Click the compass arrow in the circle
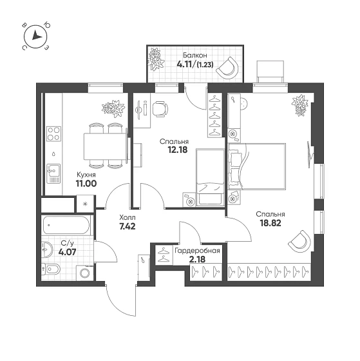pyautogui.click(x=36, y=35)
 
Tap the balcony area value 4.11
pyautogui.click(x=185, y=64)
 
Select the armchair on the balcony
pyautogui.click(x=228, y=68)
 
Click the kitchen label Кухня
pyautogui.click(x=86, y=175)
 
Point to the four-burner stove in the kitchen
pyautogui.click(x=54, y=134)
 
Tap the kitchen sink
pyautogui.click(x=53, y=173)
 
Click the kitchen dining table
pyautogui.click(x=106, y=146)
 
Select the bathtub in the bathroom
pyautogui.click(x=66, y=225)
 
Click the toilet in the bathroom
pyautogui.click(x=51, y=269)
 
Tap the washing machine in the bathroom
pyautogui.click(x=85, y=273)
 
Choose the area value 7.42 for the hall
pyautogui.click(x=127, y=226)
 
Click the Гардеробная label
pyautogui.click(x=197, y=251)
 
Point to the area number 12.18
pyautogui.click(x=178, y=150)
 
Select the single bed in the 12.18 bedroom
pyautogui.click(x=210, y=177)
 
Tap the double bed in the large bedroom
pyautogui.click(x=257, y=166)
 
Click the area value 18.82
pyautogui.click(x=270, y=223)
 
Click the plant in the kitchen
pyautogui.click(x=113, y=108)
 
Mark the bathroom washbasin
pyautogui.click(x=47, y=249)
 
